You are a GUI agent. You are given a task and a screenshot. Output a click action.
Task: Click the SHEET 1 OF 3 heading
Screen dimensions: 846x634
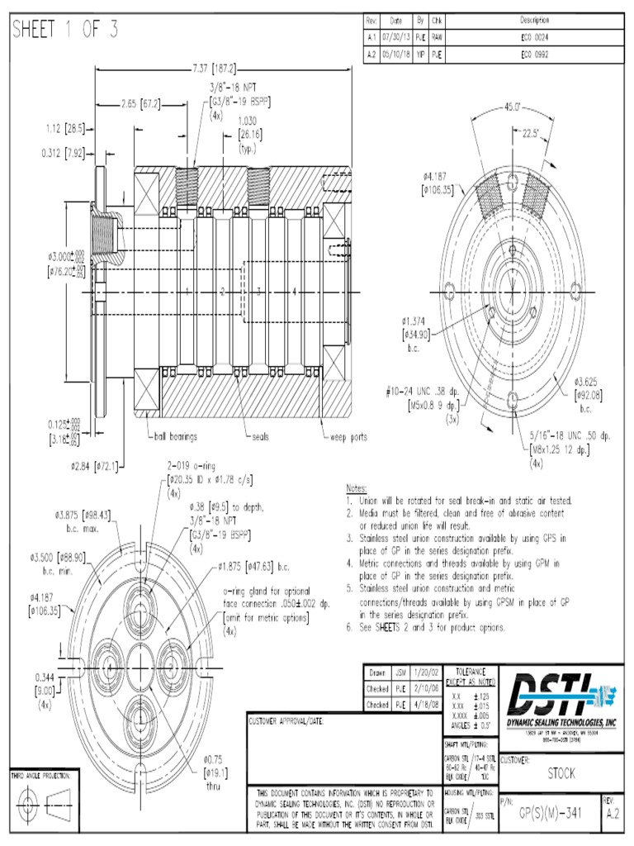(x=64, y=31)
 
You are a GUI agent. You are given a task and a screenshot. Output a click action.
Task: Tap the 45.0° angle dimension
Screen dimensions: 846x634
(x=512, y=107)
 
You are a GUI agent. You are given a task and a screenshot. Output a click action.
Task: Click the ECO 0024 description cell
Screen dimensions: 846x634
(x=534, y=37)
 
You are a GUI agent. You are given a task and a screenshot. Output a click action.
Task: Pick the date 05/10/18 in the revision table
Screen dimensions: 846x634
(x=396, y=55)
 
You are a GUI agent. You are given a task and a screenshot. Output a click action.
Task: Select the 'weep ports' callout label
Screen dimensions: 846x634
(x=348, y=436)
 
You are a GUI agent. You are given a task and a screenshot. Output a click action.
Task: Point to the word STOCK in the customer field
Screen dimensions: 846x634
(x=562, y=774)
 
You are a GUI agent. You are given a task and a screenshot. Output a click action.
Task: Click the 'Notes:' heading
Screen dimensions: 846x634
(x=356, y=489)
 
